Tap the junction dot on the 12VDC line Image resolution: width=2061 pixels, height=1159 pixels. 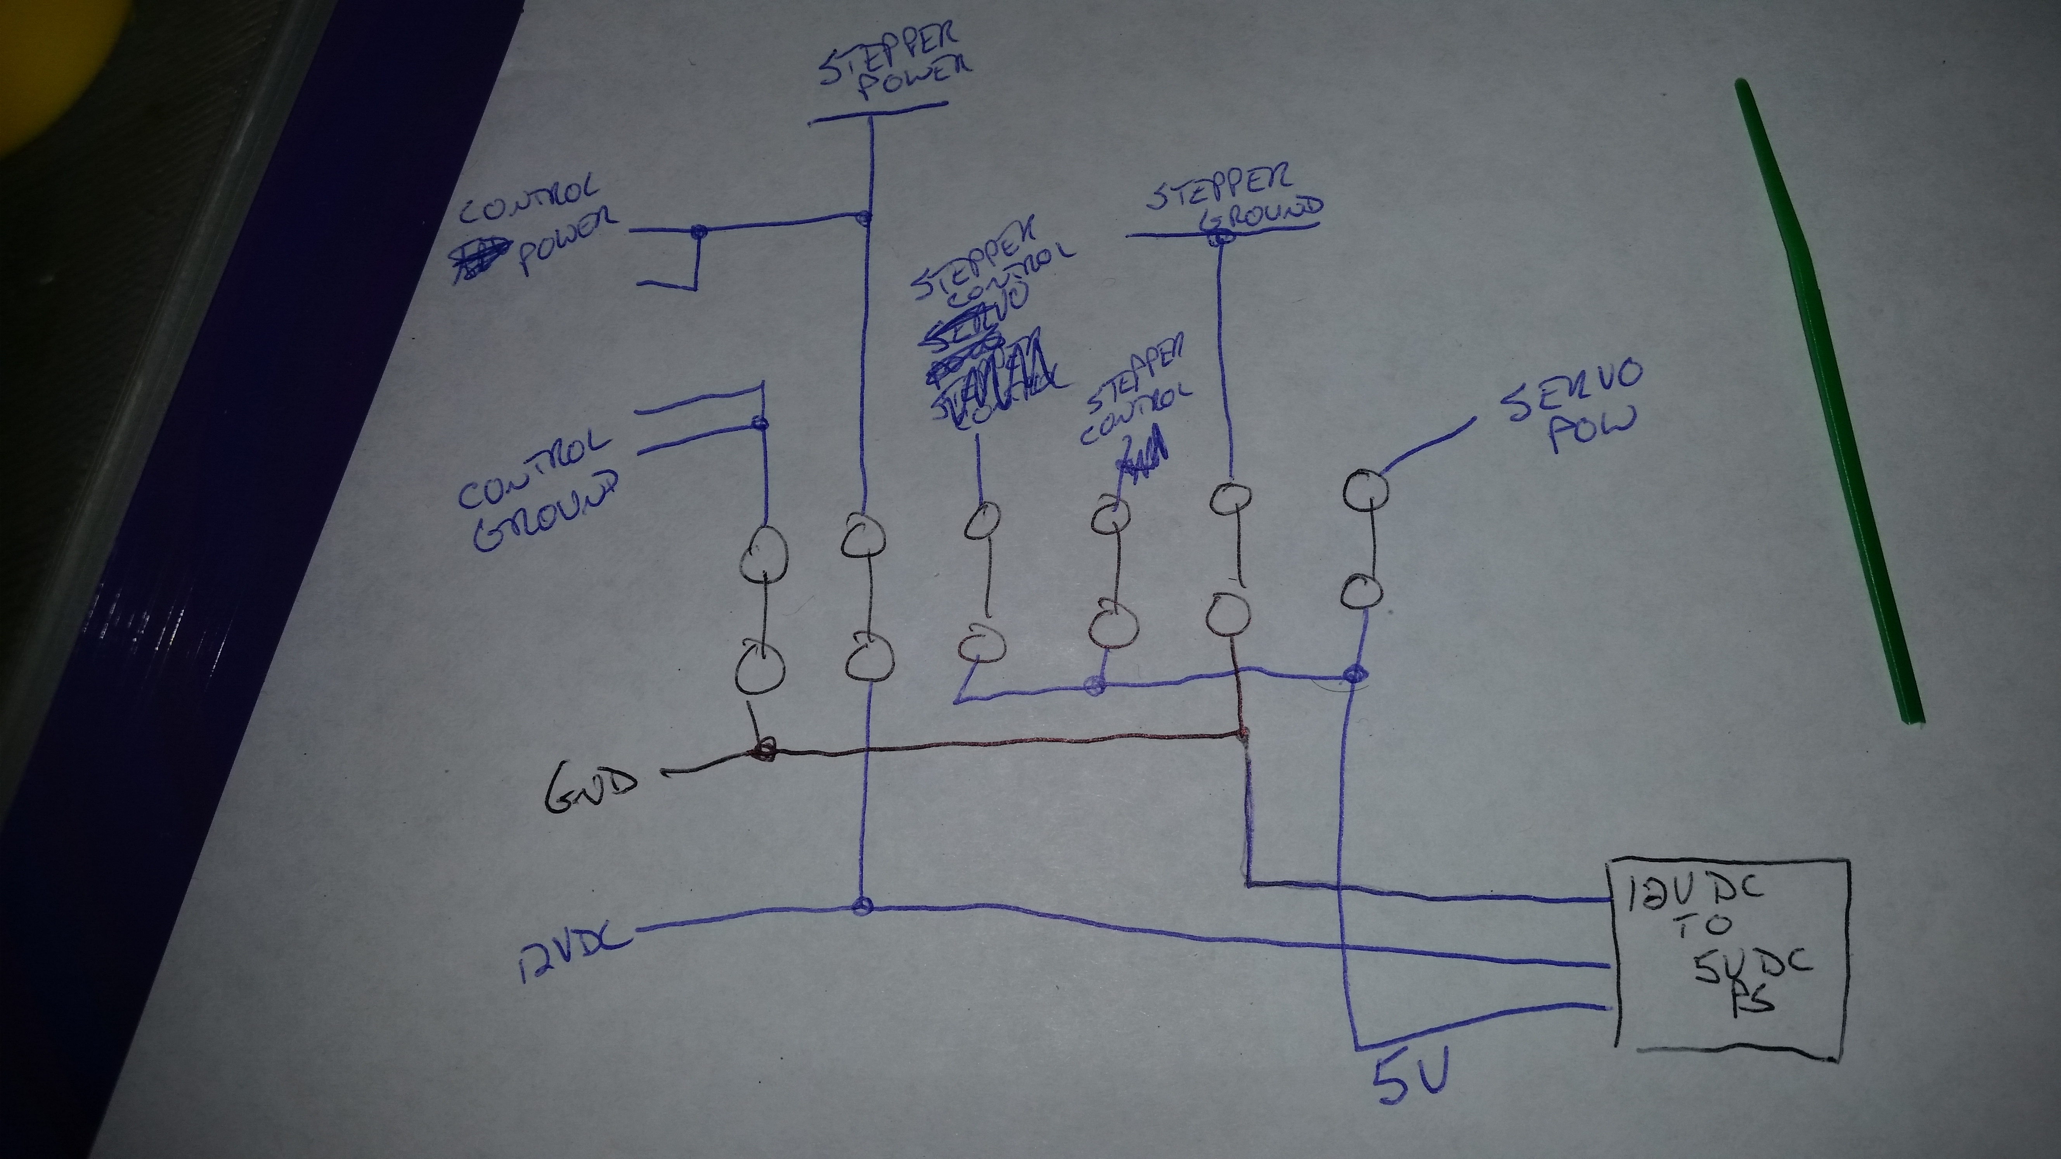click(x=862, y=906)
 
